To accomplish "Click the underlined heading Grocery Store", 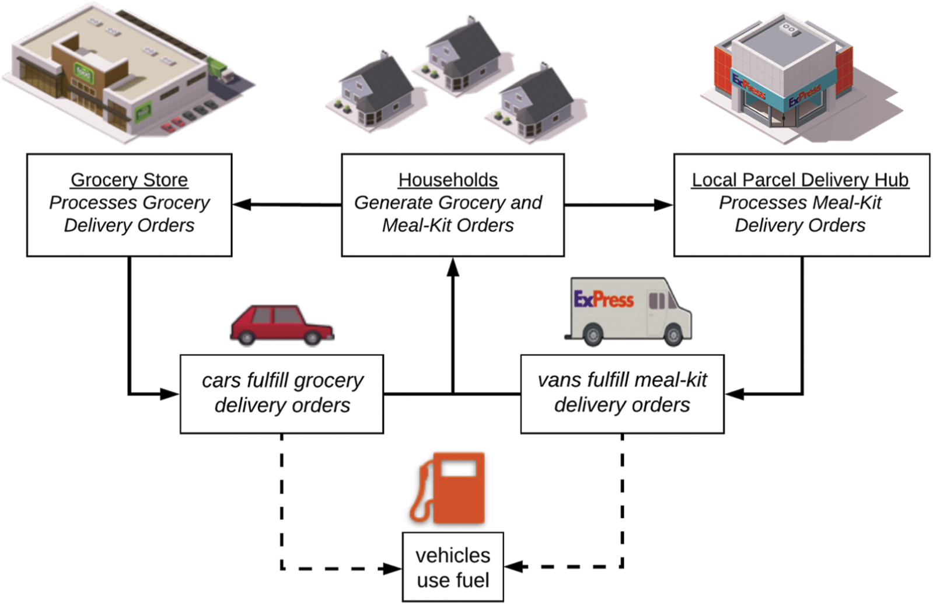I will (129, 180).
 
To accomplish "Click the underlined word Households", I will (448, 180).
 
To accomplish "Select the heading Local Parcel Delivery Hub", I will (800, 180).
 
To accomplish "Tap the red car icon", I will (282, 325).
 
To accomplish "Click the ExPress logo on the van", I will (603, 300).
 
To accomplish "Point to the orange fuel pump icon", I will (448, 489).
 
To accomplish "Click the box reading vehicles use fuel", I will (453, 567).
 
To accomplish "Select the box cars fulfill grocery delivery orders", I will (282, 394).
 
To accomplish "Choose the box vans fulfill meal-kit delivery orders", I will (622, 394).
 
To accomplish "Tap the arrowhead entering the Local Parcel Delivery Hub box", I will (664, 205).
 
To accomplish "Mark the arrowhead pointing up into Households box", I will (453, 267).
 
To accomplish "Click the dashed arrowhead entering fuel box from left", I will (392, 568).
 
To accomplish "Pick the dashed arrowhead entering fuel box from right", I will (513, 566).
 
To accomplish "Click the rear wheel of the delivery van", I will (593, 335).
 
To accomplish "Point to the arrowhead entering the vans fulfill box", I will (734, 394).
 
